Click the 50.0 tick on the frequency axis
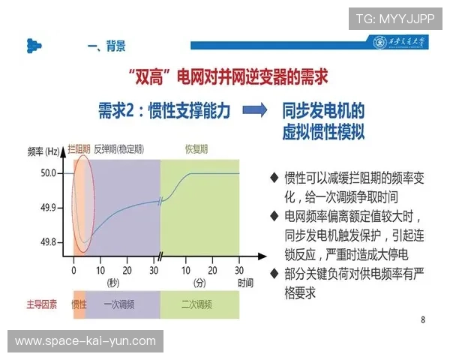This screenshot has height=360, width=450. point(48,173)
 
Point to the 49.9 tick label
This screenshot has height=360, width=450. point(48,208)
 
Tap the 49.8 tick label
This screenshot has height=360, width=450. point(48,241)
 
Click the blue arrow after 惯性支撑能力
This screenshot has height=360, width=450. point(255,110)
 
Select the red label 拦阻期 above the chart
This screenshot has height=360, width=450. point(79,149)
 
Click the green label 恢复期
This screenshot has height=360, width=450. point(196,149)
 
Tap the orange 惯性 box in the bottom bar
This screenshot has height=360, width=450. point(79,304)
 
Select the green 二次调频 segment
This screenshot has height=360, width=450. point(196,304)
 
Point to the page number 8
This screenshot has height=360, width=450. point(423,320)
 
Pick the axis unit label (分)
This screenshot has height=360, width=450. point(198,283)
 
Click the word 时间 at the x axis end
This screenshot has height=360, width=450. point(245,283)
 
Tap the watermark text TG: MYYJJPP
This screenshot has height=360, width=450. point(395,17)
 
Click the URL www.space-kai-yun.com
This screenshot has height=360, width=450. point(85,341)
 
